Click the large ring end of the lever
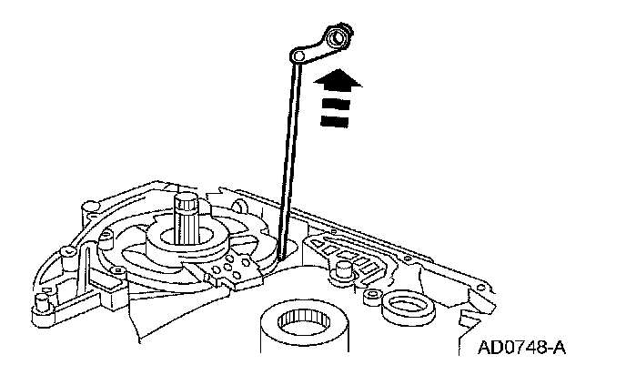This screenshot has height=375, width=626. pyautogui.click(x=338, y=38)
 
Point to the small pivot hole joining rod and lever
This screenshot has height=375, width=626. pyautogui.click(x=298, y=57)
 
